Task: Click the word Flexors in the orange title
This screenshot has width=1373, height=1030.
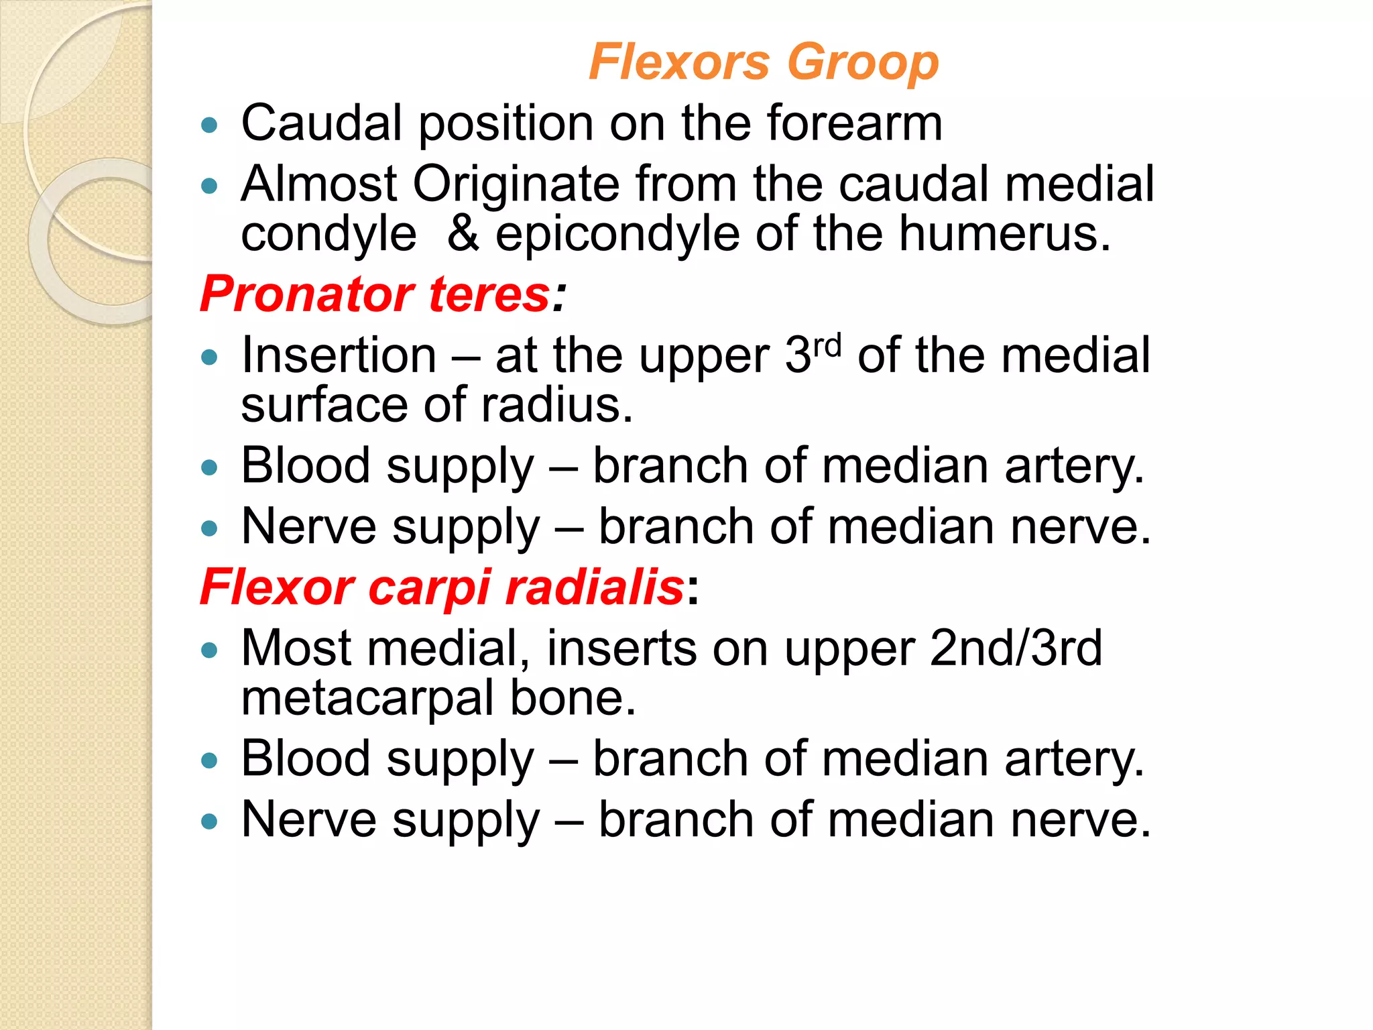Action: pos(679,62)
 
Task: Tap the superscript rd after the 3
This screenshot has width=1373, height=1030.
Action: pos(827,345)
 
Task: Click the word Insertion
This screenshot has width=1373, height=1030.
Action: pos(339,355)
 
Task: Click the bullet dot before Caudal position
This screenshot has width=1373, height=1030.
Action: pos(210,125)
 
